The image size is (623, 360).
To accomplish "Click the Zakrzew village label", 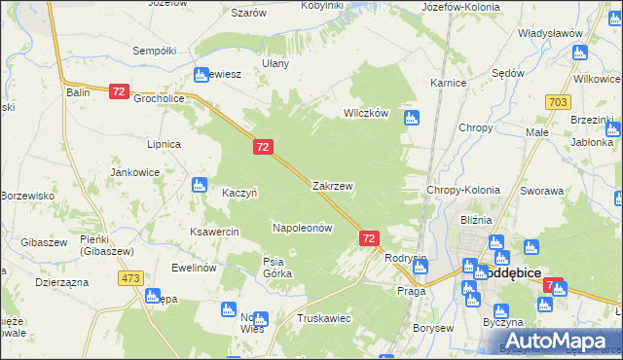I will pyautogui.click(x=332, y=185).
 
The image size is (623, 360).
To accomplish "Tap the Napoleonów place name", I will pyautogui.click(x=302, y=228).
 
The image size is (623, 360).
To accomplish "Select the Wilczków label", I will pyautogui.click(x=365, y=113).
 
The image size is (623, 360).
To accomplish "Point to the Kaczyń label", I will pyautogui.click(x=239, y=193).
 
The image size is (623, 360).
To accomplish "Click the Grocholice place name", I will pyautogui.click(x=159, y=98).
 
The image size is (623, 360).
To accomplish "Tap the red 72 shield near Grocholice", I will pyautogui.click(x=119, y=90).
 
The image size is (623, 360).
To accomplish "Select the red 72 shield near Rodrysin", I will pyautogui.click(x=369, y=237).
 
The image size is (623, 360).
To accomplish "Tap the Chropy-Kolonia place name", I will pyautogui.click(x=463, y=191).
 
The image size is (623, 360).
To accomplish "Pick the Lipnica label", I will pyautogui.click(x=163, y=144).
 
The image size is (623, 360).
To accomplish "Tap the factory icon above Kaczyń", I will pyautogui.click(x=200, y=184).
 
